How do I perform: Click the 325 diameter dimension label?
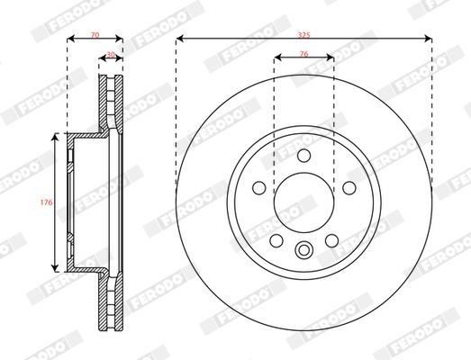(303, 31)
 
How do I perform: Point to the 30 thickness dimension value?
(111, 54)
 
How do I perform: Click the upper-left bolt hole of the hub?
(259, 187)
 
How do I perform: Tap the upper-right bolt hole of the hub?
(348, 187)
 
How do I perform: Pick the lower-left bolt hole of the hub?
(276, 239)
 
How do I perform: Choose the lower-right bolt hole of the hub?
(331, 239)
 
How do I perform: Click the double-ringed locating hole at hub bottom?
(303, 251)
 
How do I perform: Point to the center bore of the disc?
(303, 202)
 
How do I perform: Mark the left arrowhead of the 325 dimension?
(179, 39)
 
